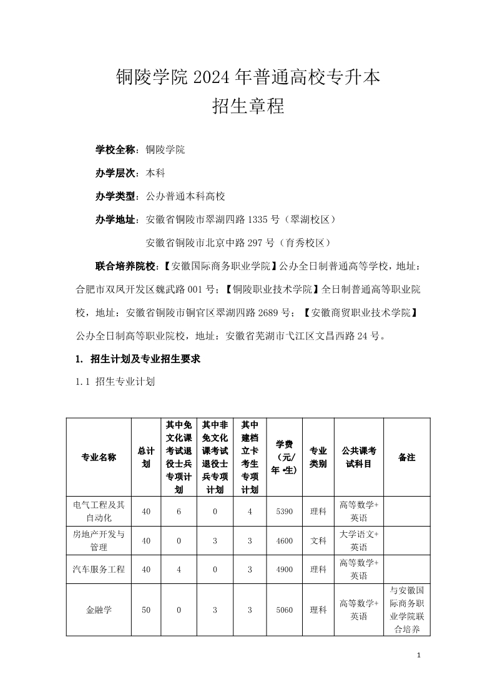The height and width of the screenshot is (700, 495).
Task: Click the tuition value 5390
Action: point(284,512)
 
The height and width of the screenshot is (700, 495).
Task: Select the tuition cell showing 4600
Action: point(284,541)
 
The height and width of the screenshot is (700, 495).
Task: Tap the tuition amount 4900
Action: point(284,570)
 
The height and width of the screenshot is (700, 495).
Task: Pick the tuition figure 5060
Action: point(284,610)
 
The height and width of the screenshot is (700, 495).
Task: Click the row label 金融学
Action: point(99,610)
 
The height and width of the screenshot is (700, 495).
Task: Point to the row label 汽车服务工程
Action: point(99,570)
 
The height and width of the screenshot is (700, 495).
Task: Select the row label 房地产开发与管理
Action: point(99,541)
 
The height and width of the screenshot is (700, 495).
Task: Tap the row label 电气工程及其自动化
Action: point(99,512)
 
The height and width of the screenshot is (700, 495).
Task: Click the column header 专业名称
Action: point(99,457)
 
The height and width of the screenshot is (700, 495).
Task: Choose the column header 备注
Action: point(406,457)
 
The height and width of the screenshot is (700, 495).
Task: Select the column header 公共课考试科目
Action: point(358,457)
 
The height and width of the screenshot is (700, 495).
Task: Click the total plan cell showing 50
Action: point(146,610)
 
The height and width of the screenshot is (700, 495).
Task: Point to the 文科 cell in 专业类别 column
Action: point(318,541)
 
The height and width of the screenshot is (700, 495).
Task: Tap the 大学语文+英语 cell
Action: point(358,541)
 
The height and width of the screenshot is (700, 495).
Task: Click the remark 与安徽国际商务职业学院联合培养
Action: point(406,610)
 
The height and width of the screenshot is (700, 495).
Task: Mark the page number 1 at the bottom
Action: point(419,655)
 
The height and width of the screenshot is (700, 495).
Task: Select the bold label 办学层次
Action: point(116,173)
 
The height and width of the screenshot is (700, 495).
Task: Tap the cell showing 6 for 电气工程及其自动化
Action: point(179,512)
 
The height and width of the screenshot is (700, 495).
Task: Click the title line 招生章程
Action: point(248,106)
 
